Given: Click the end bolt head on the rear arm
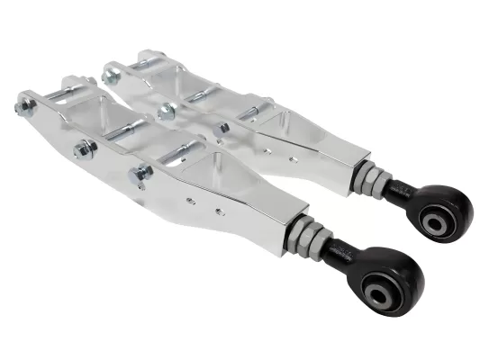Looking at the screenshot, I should point(111,76).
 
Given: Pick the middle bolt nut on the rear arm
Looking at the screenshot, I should point(166,110).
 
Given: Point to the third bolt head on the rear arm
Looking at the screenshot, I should point(222,129).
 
